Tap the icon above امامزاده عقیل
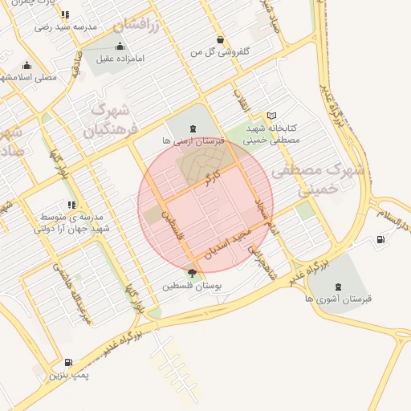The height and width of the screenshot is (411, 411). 120,46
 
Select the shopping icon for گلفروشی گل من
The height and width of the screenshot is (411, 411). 221,39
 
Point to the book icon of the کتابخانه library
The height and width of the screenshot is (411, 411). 271,116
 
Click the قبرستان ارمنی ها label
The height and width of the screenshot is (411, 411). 192,141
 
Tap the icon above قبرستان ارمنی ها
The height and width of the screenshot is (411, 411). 192,128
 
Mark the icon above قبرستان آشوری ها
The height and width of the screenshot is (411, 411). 336,286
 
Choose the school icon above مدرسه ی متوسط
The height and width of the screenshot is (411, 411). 72,205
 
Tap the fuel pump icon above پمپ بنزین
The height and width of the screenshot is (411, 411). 68,363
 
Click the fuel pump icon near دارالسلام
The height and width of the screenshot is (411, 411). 380,239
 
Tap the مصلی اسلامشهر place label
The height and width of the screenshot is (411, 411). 29,78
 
